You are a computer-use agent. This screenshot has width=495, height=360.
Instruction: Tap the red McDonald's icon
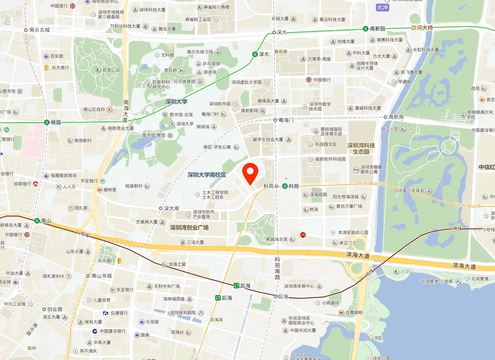[303, 234]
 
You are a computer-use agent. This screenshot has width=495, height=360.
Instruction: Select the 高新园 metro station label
[378, 29]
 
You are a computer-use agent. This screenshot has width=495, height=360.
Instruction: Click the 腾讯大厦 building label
[167, 29]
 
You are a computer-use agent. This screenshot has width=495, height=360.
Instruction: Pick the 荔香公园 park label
[111, 70]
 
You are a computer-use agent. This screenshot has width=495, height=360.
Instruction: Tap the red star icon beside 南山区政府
[109, 109]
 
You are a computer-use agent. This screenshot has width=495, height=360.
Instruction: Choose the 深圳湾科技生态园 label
[361, 148]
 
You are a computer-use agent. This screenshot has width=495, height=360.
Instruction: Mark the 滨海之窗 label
[177, 264]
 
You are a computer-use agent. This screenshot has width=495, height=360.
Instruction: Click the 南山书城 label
[102, 276]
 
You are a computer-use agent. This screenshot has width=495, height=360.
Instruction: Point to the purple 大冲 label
[382, 7]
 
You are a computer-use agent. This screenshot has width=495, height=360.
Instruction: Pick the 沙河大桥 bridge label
[422, 28]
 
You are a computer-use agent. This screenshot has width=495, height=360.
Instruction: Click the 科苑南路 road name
[277, 268]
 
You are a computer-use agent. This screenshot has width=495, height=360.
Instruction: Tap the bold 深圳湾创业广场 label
[189, 228]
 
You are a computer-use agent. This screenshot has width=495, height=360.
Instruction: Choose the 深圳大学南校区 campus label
[207, 175]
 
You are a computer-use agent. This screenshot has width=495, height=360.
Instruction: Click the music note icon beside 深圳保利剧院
[201, 313]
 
